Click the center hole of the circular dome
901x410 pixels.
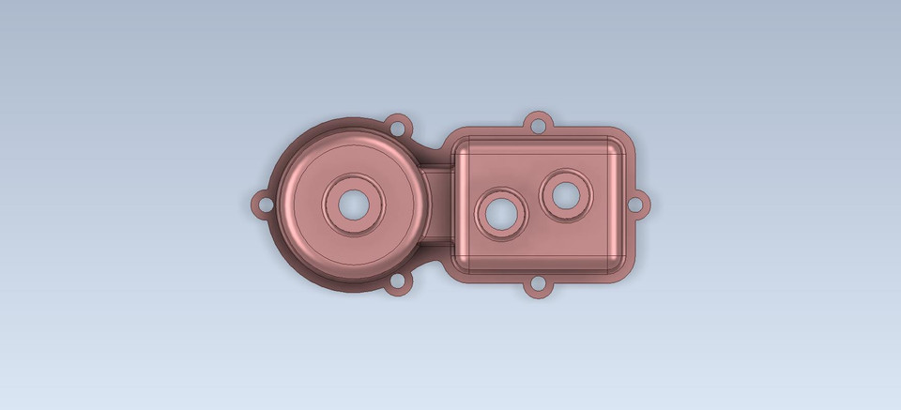[355, 203]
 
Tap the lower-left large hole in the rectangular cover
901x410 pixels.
[502, 212]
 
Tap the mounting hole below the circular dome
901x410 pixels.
[399, 281]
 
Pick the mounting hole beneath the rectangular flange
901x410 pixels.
[538, 285]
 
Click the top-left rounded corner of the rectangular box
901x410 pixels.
[463, 146]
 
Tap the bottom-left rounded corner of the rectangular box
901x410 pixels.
[464, 263]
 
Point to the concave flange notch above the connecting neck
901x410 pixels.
[433, 150]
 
